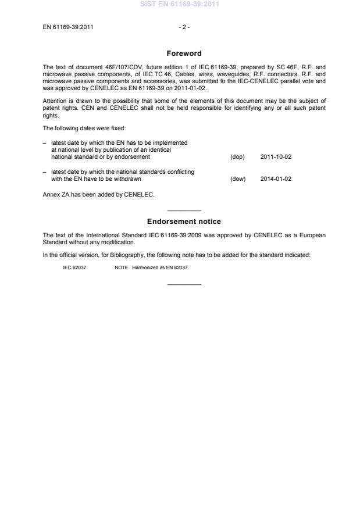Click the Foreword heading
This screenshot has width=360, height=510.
pos(184,54)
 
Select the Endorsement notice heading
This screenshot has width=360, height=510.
pos(184,222)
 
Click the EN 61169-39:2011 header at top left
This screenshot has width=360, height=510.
pos(68,27)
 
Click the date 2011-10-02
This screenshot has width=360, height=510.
pos(276,157)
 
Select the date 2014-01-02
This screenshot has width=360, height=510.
pos(276,179)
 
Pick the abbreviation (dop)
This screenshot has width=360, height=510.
pos(237,157)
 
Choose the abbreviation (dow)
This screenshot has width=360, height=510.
pos(238,179)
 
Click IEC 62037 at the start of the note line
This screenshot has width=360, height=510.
pos(74,268)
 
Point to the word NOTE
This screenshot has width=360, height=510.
pos(121,268)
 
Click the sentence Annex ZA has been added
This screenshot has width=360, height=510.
pos(99,194)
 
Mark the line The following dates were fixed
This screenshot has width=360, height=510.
pos(80,128)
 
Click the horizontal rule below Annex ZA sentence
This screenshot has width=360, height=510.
pos(184,211)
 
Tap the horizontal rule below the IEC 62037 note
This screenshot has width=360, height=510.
pos(184,284)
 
